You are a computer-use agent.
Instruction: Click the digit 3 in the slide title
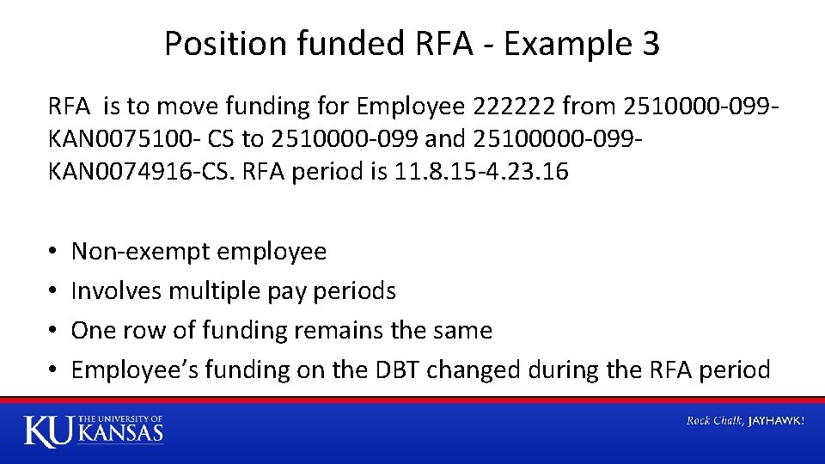click(650, 44)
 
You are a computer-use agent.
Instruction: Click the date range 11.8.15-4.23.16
click(480, 172)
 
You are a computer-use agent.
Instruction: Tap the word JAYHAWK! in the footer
click(776, 421)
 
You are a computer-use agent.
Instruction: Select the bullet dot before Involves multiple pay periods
click(53, 291)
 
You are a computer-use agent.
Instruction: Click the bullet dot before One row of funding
click(53, 331)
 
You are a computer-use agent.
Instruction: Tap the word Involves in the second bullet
click(117, 291)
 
